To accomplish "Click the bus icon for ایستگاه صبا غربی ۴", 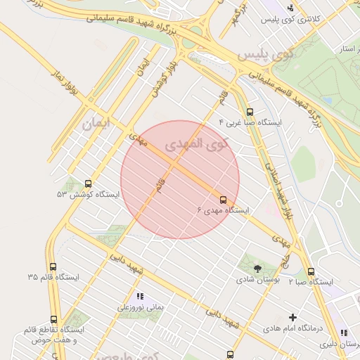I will point(250,112).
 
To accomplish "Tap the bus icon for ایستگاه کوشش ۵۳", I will point(88,184).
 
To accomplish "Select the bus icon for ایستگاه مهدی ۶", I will point(224,200).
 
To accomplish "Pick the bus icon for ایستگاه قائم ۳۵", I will point(53,266).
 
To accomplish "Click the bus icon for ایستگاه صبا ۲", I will point(311,272).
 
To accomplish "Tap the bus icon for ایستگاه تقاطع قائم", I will point(54,320).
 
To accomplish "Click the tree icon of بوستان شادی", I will point(257,268).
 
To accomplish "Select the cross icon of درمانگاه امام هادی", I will point(293,317).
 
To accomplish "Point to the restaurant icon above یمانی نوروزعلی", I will point(139,296).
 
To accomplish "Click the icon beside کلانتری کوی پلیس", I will point(290,8).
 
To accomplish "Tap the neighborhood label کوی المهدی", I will point(197,145).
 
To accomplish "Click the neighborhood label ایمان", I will point(96,124).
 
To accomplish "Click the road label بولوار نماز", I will point(63,81).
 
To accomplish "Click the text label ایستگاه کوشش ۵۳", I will point(89,194).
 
